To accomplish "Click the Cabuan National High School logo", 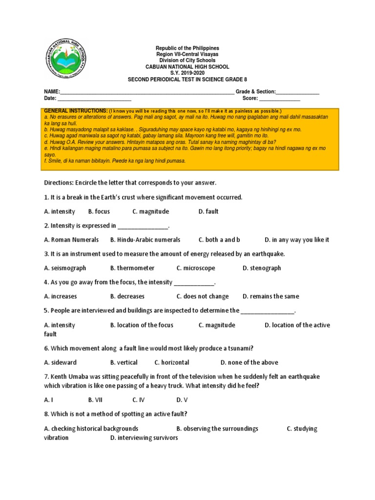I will (68, 58).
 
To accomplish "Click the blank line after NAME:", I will (146, 92).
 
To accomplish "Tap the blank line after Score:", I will (279, 99).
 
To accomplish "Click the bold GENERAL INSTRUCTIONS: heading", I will (76, 111).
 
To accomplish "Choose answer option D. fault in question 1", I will (208, 211).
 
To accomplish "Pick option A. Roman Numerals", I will (71, 240).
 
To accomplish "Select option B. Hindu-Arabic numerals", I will (145, 240).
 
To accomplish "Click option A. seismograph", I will (65, 268).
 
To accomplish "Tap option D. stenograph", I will (262, 268).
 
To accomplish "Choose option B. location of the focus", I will (142, 325).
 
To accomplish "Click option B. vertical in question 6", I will (124, 362).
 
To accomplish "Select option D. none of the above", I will (249, 362).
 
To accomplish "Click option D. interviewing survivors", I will (144, 438).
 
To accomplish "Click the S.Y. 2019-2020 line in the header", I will (187, 73).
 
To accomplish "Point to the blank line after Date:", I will (95, 99).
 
